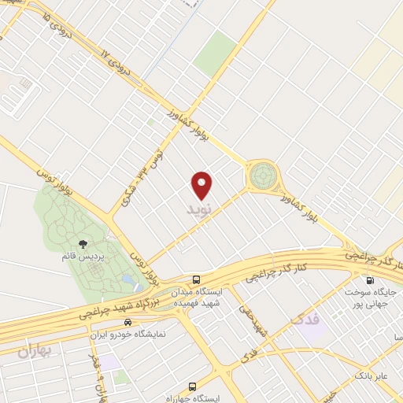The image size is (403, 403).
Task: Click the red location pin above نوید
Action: pyautogui.click(x=202, y=184)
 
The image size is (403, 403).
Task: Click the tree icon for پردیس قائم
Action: pyautogui.click(x=83, y=244)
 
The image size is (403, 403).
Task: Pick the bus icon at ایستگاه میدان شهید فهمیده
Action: pyautogui.click(x=196, y=279)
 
